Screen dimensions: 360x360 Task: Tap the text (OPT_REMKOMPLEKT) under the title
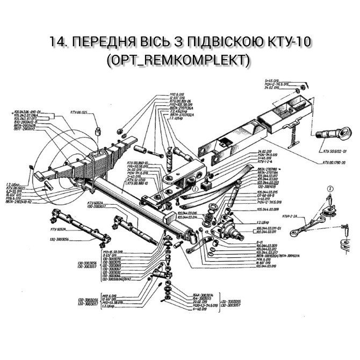tap(179, 59)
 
